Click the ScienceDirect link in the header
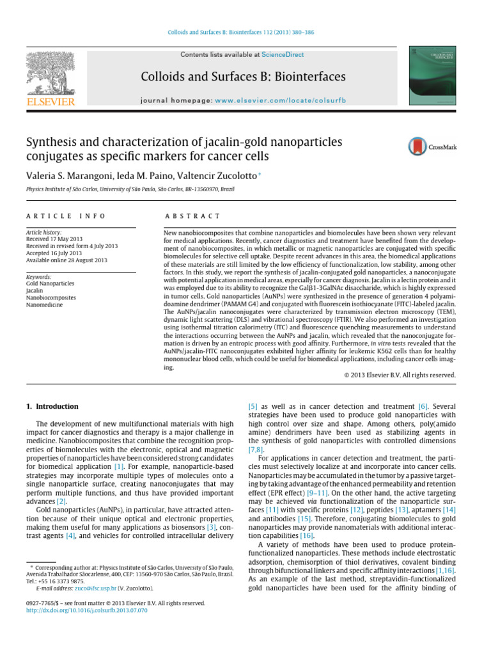coord(286,55)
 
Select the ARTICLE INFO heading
coord(65,216)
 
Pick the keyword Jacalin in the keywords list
coord(35,290)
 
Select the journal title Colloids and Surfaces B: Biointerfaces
coord(243,77)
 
